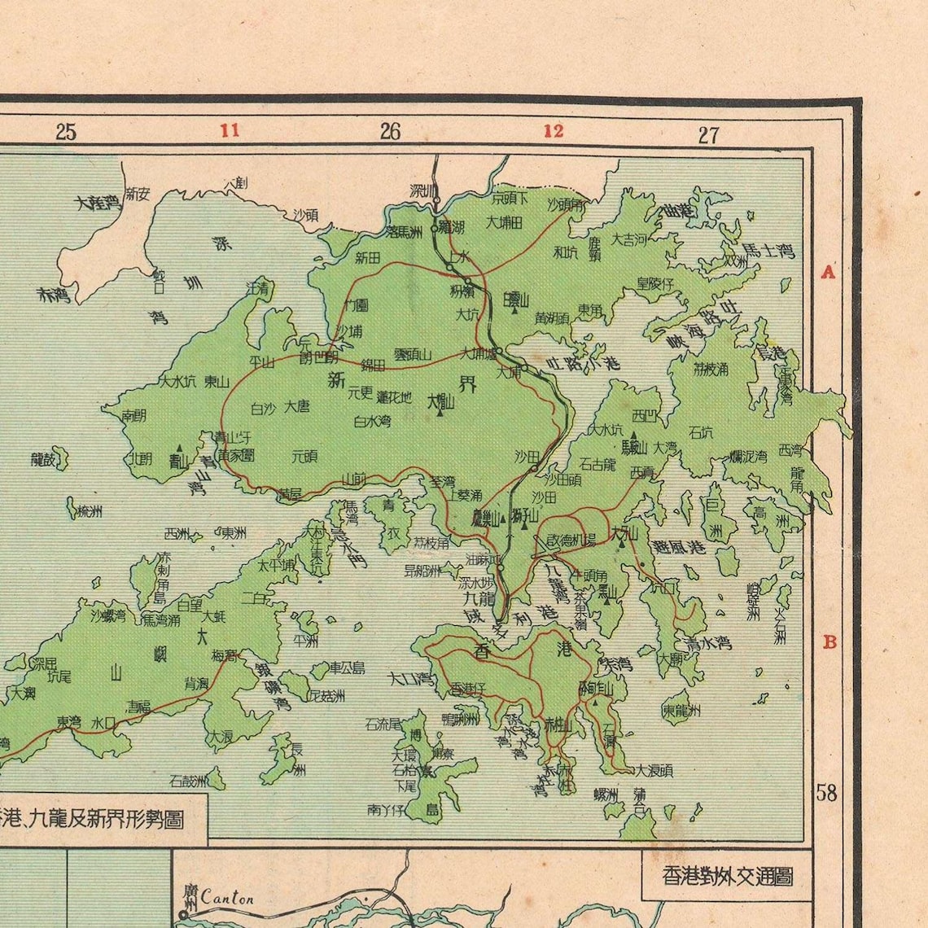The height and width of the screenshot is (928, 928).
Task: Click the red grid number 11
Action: (230, 130)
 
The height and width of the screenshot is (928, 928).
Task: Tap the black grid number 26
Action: (390, 131)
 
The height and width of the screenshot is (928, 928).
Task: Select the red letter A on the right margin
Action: (828, 272)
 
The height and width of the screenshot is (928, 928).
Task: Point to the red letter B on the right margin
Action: (830, 641)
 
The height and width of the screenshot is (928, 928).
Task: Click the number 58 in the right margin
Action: (826, 792)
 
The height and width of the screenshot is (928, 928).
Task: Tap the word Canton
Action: (228, 899)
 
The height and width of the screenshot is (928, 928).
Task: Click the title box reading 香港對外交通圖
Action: (727, 876)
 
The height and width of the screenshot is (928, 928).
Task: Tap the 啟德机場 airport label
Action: (571, 539)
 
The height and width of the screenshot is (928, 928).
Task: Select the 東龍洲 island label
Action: (681, 710)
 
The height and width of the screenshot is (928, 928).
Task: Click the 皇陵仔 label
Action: (655, 283)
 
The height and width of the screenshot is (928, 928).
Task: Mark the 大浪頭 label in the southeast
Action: (654, 769)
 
